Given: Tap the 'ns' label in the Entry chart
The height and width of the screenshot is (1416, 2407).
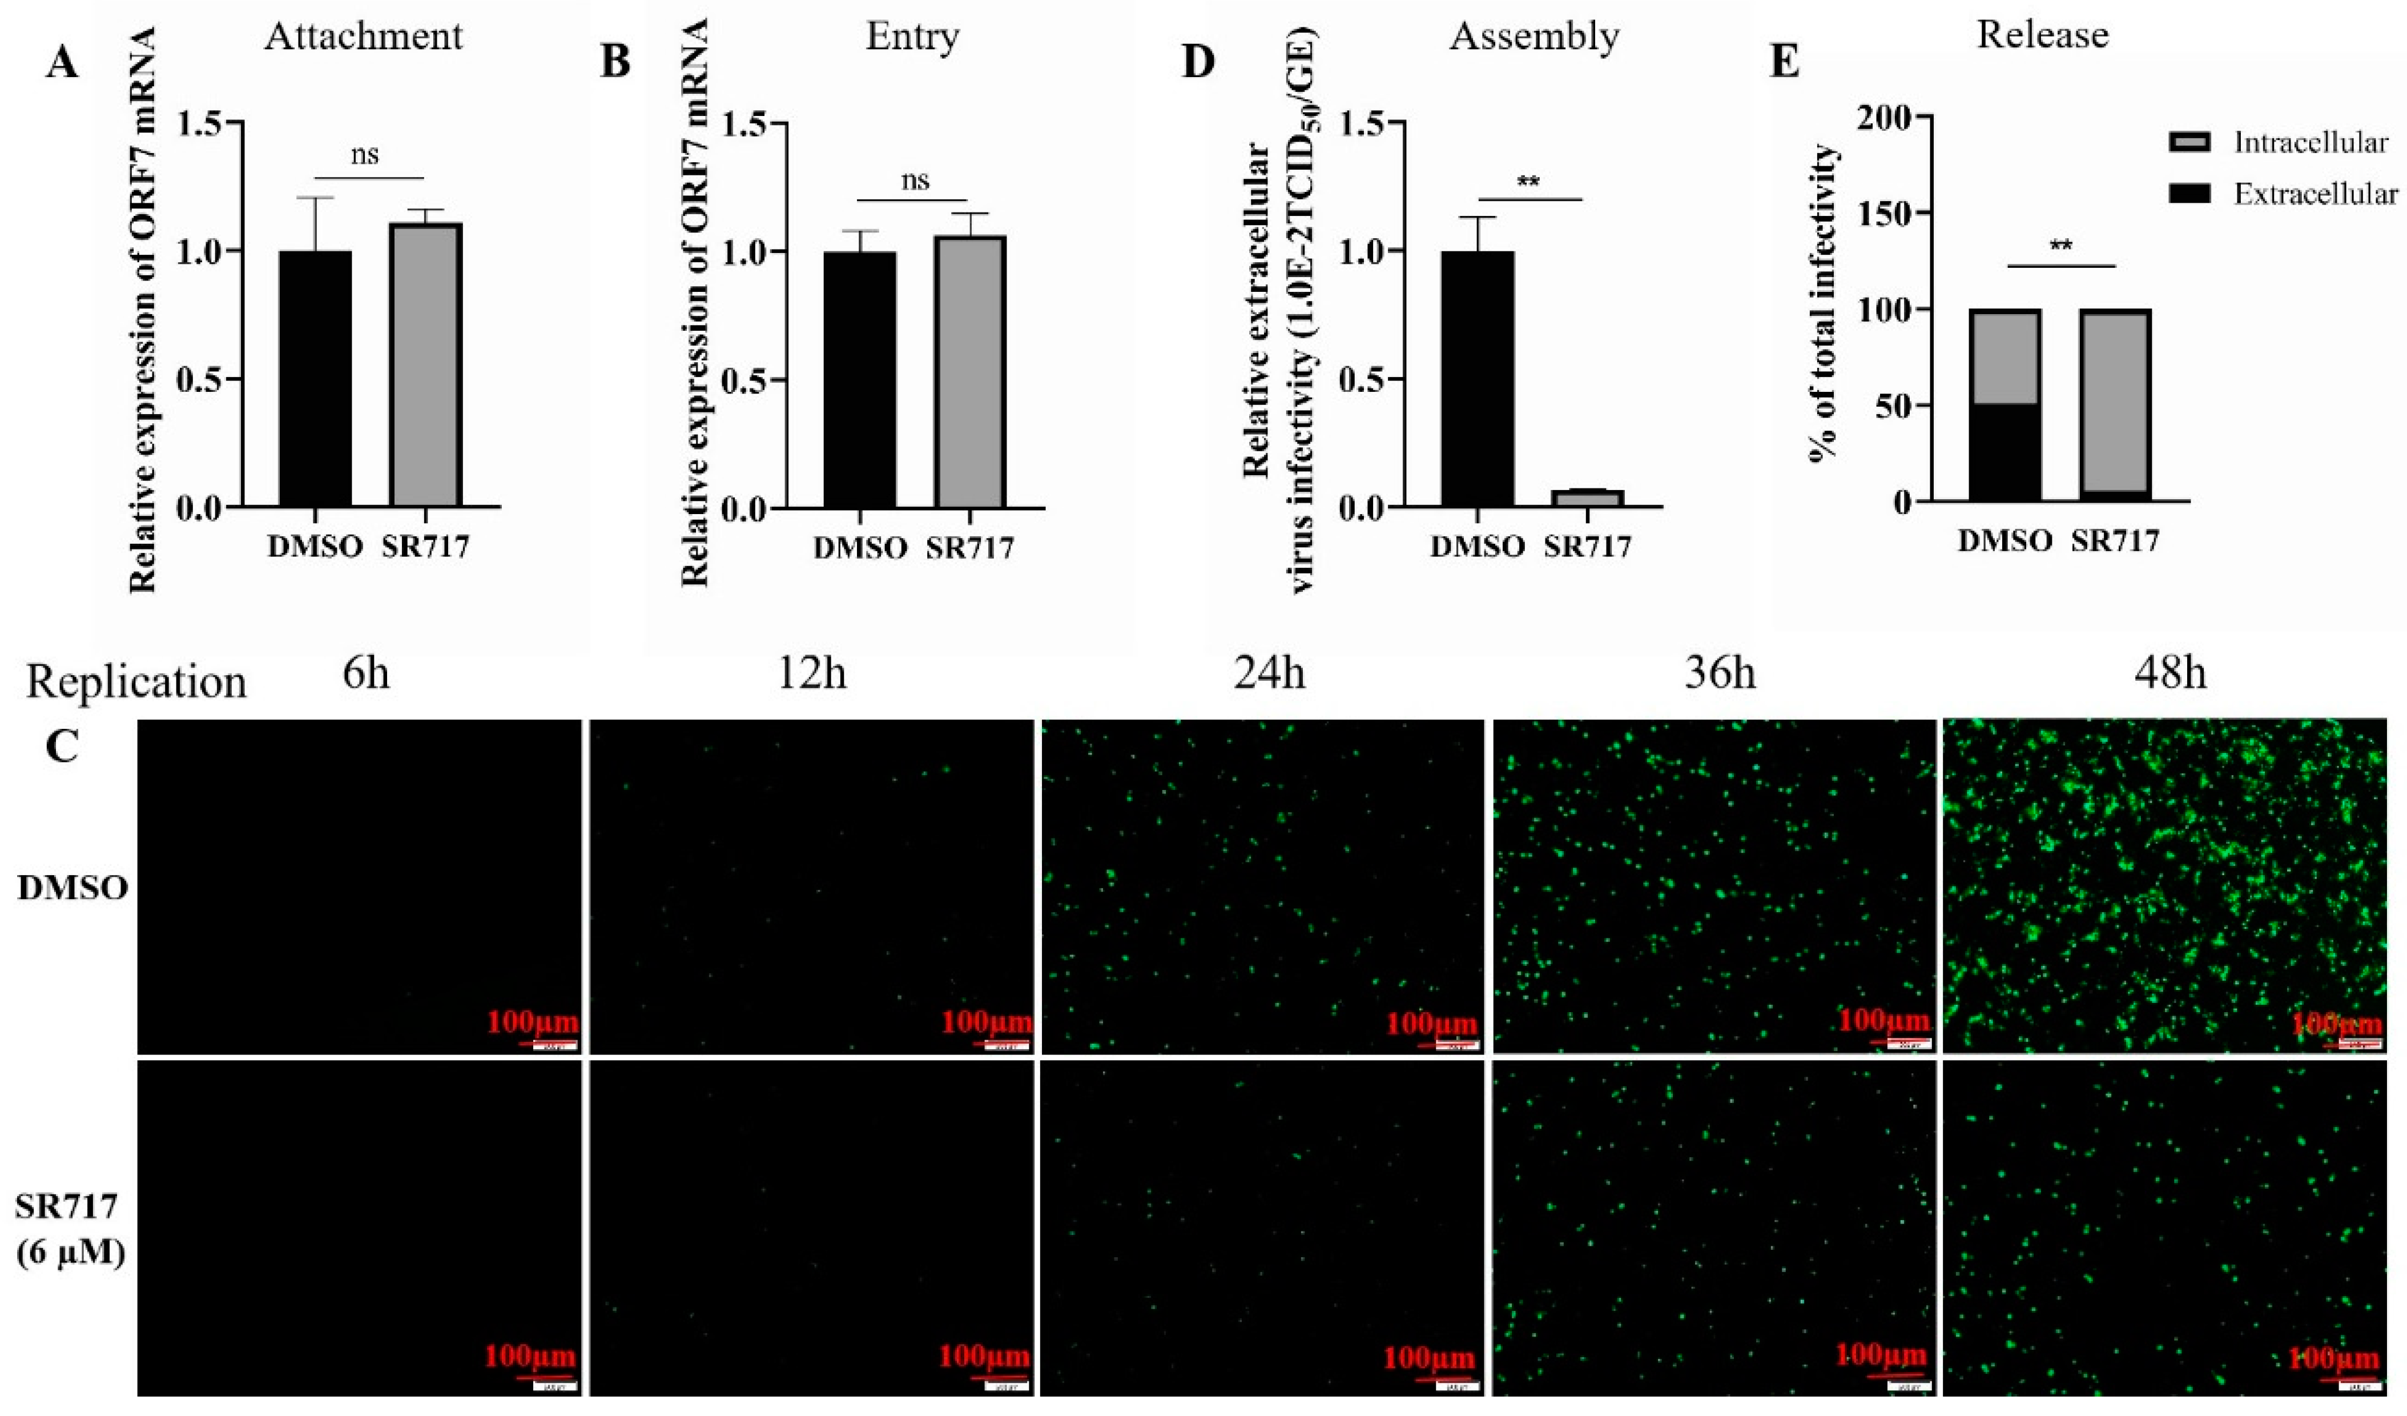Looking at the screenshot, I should pyautogui.click(x=914, y=180).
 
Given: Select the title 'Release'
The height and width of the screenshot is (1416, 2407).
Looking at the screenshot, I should pyautogui.click(x=2042, y=35).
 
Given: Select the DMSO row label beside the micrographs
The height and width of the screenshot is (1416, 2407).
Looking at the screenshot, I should pyautogui.click(x=73, y=889).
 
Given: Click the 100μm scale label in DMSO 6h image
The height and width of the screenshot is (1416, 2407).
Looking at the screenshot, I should pyautogui.click(x=532, y=1024).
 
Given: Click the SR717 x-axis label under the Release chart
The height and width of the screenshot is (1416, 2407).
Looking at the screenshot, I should pyautogui.click(x=2115, y=541).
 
